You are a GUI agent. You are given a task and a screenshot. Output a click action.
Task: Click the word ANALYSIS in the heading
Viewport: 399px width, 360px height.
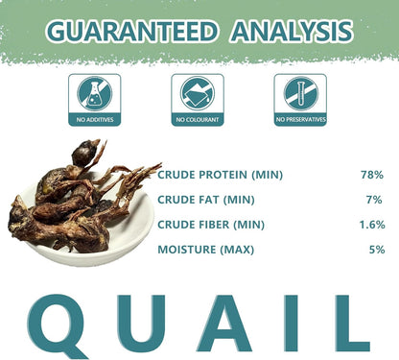[x=289, y=31]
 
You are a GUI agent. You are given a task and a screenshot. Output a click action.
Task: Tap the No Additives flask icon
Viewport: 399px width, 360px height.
[x=94, y=93]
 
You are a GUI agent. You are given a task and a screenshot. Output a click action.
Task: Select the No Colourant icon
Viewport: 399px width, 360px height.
[x=198, y=93]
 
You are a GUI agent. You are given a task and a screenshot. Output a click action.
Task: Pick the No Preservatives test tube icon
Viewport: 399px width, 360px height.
[x=299, y=93]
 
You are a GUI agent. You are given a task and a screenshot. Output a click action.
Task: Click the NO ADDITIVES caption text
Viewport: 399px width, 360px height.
[x=94, y=120]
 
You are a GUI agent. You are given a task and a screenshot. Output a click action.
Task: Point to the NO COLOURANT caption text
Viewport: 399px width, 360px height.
[x=198, y=120]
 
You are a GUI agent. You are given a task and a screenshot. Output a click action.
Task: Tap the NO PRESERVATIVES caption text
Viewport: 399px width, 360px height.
[x=299, y=120]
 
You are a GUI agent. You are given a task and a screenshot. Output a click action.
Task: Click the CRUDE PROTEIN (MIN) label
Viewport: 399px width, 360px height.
[x=220, y=175]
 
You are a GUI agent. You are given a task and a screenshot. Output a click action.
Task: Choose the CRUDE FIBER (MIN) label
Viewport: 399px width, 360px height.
[x=210, y=225]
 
